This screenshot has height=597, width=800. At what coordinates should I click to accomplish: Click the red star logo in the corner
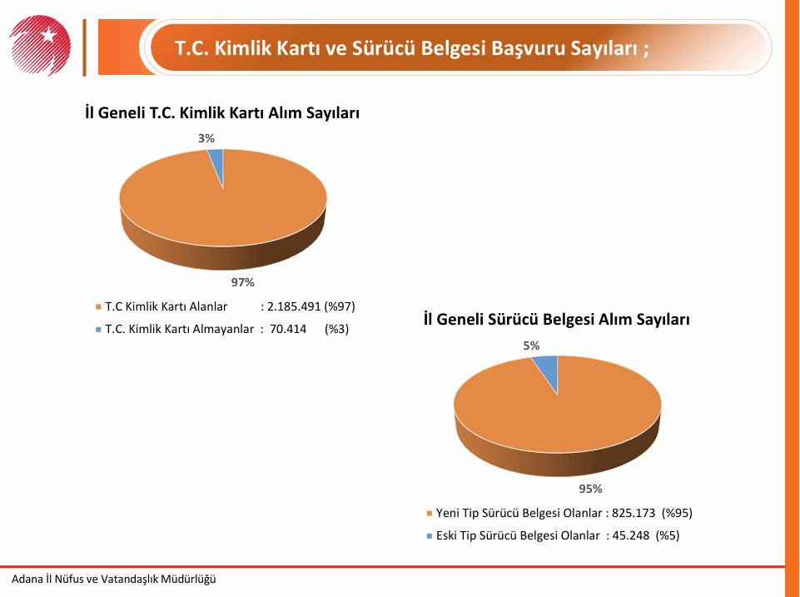[40, 46]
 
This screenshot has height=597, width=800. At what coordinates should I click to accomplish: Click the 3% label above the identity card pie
[206, 138]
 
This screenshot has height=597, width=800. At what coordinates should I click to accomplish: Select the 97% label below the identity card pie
[242, 282]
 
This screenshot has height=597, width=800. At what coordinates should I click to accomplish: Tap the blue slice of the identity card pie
[216, 163]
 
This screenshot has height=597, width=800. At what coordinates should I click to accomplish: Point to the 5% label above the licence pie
[531, 346]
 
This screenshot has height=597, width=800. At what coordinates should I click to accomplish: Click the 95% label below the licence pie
[590, 489]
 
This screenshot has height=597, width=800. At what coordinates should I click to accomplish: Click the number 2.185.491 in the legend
[294, 306]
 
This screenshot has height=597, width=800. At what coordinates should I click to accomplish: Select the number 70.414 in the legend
[288, 329]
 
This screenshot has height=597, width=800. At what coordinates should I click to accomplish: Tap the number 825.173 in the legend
[634, 513]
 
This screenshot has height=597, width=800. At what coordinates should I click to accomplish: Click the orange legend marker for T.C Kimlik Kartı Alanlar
[98, 307]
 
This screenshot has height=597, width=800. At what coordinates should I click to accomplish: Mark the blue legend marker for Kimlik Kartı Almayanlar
[98, 330]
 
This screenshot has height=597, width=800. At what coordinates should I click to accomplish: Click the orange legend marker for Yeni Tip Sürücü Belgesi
[429, 513]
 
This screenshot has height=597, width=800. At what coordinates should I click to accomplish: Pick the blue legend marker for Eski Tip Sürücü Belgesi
[429, 535]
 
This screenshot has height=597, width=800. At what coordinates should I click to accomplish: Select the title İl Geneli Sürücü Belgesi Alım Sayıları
[557, 320]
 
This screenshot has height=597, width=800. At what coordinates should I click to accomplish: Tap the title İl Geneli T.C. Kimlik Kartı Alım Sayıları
[222, 112]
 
